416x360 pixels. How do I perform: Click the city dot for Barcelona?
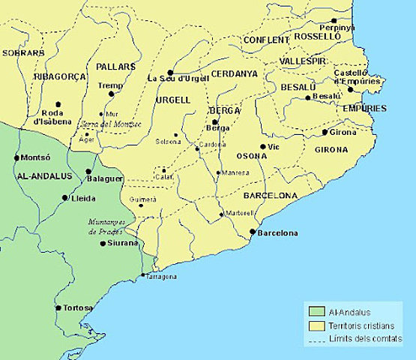coord(252,232)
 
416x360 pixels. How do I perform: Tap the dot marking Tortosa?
coord(58,307)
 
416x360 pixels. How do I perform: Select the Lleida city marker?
coord(64,198)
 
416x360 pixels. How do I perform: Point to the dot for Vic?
coord(263,147)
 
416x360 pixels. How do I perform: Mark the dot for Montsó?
coord(16,158)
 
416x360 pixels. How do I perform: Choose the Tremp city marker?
coord(112,94)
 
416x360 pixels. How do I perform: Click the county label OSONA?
coord(251,157)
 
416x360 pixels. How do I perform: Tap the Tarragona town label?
coord(161,277)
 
